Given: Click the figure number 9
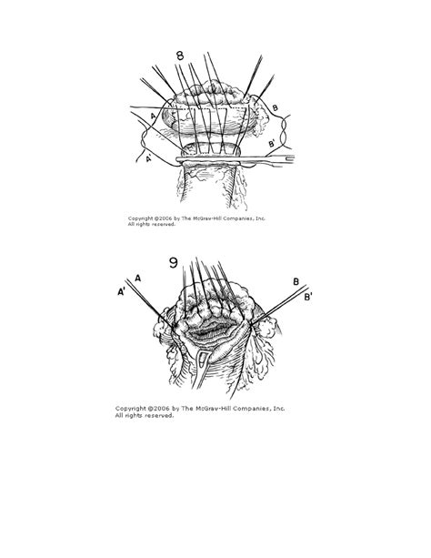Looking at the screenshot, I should pos(173,264).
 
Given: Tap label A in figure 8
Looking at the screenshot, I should pos(153,116).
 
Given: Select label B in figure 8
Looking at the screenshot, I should pos(275,109).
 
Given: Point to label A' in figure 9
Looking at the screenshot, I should pos(121,293).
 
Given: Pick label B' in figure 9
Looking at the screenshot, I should pos(309,297).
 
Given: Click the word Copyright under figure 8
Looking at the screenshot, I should pos(142,218).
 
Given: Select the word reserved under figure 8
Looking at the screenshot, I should pos(162,225).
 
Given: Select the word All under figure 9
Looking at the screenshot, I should pos(120,416).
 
